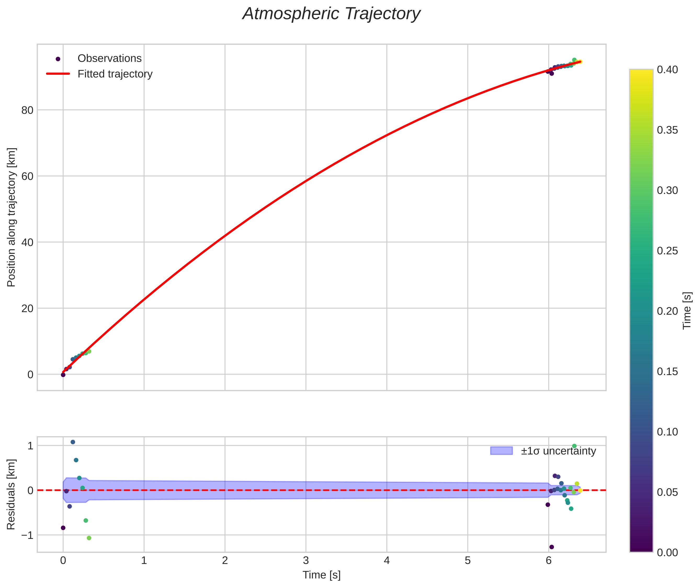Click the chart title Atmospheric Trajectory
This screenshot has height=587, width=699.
[x=331, y=14]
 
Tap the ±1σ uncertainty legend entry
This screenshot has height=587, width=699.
[x=543, y=451]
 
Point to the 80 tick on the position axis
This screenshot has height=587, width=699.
[x=28, y=110]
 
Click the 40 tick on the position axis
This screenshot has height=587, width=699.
[x=28, y=242]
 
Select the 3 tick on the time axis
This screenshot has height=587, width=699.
[x=306, y=561]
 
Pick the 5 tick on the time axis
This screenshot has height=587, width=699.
[x=468, y=561]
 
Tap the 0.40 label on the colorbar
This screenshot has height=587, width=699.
[x=667, y=70]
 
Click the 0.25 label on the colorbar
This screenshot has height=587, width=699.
[x=667, y=251]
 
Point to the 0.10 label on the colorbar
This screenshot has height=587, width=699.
[x=667, y=432]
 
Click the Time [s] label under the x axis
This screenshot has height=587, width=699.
[x=322, y=575]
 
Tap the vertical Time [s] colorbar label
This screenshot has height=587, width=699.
[x=687, y=311]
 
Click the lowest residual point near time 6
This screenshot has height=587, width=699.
[x=552, y=547]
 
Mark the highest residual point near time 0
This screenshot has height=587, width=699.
[x=73, y=442]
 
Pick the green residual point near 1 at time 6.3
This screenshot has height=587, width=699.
[x=574, y=446]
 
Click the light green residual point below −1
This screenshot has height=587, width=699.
[x=89, y=538]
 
